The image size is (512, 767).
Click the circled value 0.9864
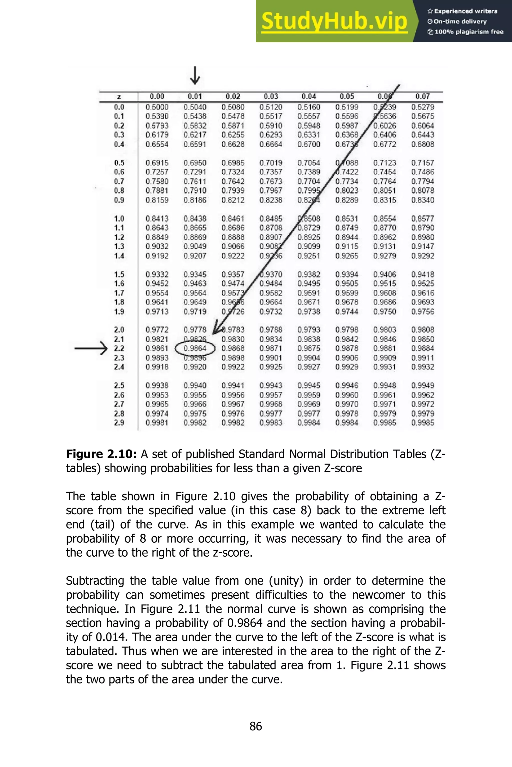pyautogui.click(x=195, y=348)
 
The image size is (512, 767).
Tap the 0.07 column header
pyautogui.click(x=422, y=96)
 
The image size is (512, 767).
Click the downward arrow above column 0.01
pyautogui.click(x=195, y=76)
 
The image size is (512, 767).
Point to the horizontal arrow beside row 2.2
pyautogui.click(x=91, y=348)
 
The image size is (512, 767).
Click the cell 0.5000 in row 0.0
pyautogui.click(x=157, y=107)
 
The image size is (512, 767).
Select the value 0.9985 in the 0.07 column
pyautogui.click(x=422, y=423)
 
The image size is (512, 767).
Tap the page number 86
pyautogui.click(x=256, y=726)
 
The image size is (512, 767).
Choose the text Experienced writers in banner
pyautogui.click(x=465, y=11)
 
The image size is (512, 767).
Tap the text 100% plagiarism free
pyautogui.click(x=469, y=32)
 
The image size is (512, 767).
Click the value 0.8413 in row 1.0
pyautogui.click(x=157, y=219)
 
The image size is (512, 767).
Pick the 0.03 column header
pyautogui.click(x=271, y=96)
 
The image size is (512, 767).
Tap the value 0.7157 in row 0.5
pyautogui.click(x=422, y=163)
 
